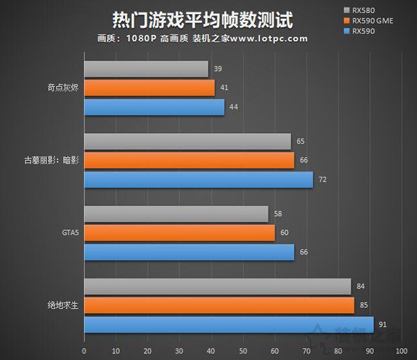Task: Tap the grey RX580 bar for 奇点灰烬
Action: pos(146,69)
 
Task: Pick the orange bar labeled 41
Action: pos(149,87)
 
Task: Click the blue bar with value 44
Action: pos(154,106)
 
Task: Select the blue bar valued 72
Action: pos(198,179)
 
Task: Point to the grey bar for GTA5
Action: pos(176,214)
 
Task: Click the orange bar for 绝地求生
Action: pos(219,305)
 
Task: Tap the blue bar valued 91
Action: pos(229,324)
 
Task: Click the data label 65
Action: pos(300,141)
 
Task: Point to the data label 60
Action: pos(284,233)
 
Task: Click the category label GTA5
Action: pos(68,233)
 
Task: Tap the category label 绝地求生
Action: pos(65,305)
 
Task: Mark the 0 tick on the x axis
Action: pos(84,350)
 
